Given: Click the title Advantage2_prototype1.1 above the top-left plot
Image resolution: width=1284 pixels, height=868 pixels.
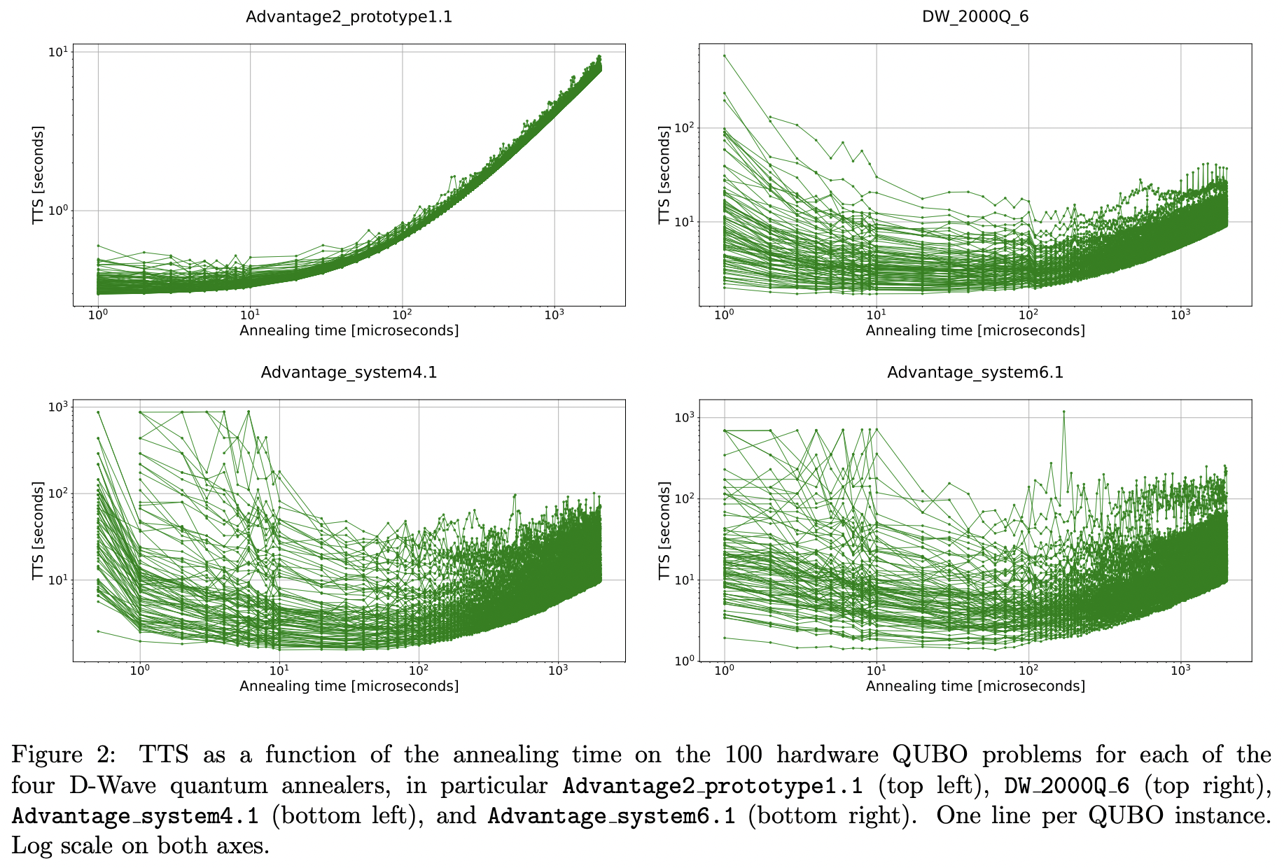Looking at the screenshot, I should point(349,17).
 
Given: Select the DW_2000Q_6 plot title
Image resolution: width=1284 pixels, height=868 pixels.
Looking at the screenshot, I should point(975,17).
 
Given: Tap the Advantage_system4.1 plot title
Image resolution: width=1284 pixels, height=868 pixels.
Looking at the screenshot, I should point(349,372).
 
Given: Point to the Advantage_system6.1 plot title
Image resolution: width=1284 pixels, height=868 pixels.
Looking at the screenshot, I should point(975,372).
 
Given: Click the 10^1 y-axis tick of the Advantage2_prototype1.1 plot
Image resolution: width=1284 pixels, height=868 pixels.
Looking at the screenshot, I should point(58,52).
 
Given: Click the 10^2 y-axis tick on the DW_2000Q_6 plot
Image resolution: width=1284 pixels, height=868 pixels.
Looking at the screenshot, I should point(683,128).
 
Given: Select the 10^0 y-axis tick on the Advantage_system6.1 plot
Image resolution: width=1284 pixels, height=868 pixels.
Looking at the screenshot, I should point(683,661).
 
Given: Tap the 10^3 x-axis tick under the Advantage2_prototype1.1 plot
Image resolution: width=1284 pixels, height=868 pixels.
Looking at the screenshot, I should point(554,314).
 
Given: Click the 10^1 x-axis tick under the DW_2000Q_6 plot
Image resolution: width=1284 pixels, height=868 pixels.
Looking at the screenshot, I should point(876,314).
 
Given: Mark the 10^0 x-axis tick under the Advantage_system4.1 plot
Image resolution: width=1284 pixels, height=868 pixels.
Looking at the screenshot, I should point(140,670).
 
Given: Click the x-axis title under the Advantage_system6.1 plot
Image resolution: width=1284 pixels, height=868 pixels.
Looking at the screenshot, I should point(975,686).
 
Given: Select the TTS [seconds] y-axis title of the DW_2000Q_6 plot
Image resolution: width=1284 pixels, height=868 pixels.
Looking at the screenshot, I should point(664,175).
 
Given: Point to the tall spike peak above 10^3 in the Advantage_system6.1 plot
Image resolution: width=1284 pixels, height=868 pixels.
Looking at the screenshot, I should point(1063,412).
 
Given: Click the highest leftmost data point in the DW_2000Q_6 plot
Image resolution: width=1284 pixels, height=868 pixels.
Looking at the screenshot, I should point(725,55).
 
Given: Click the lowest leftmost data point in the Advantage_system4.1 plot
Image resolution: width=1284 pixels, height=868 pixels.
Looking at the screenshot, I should point(98,631).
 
